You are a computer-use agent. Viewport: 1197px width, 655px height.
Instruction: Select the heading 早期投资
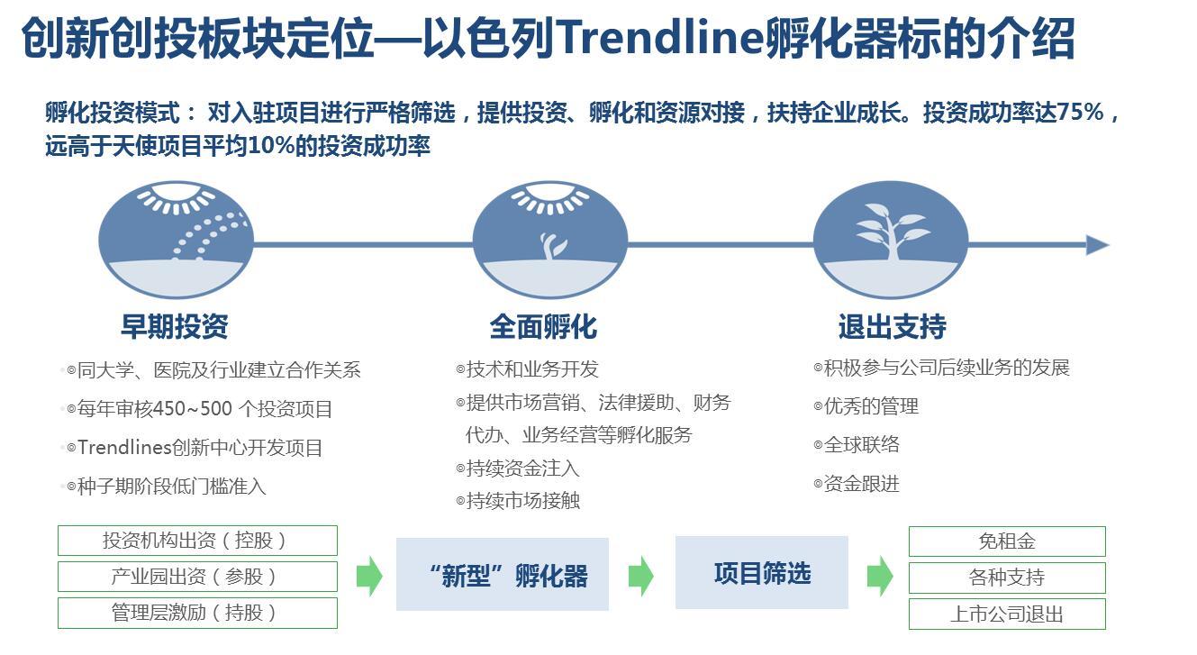coord(175,326)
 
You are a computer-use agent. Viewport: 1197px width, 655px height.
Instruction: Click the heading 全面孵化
coord(543,327)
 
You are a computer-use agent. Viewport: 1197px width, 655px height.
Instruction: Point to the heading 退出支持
coord(892,326)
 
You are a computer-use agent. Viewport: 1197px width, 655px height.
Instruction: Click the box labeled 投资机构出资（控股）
coord(198,541)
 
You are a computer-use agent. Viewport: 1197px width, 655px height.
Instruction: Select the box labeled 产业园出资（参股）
coord(198,577)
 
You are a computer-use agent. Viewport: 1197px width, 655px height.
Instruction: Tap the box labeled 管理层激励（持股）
coord(198,613)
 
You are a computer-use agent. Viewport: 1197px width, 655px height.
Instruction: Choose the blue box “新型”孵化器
coord(503,574)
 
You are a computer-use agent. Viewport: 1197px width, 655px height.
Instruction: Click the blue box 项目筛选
coord(761,573)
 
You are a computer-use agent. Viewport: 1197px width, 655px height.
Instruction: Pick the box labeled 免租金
coord(1007,541)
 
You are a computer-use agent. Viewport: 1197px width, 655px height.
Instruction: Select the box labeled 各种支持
coord(1007,578)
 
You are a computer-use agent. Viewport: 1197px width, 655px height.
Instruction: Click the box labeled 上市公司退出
coord(1007,614)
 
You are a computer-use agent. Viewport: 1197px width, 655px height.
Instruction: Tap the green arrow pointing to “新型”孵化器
coord(369,576)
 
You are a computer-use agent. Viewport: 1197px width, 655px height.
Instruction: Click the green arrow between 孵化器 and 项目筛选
coord(640,576)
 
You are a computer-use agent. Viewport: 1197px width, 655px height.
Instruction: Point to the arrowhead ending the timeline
coord(1098,245)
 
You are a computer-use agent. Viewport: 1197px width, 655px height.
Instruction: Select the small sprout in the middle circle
coord(552,246)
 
